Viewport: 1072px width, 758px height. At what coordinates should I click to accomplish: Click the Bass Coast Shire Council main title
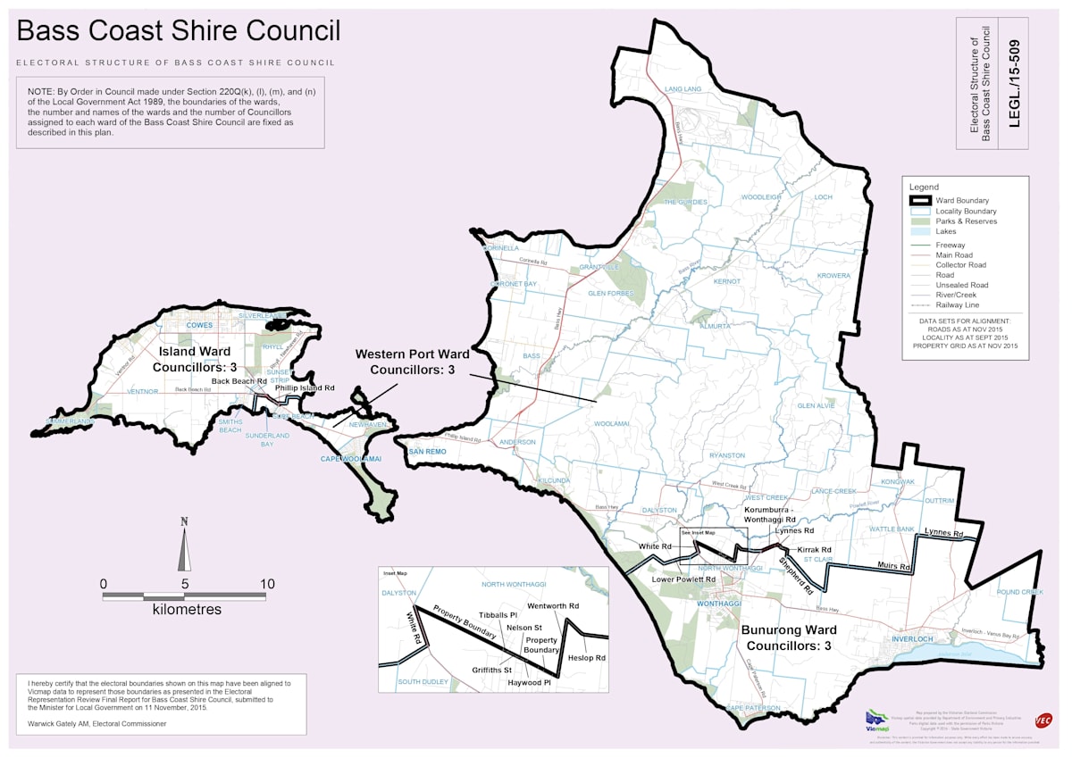179,31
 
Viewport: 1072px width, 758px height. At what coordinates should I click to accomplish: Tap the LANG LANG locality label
683,89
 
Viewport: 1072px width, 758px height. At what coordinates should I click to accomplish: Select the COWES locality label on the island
199,326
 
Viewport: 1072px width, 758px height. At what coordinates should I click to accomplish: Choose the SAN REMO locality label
427,452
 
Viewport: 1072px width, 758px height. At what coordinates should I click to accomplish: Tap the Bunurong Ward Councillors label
787,637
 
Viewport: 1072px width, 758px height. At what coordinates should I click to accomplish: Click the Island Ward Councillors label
195,359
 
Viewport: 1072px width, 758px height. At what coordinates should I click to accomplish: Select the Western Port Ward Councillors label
412,362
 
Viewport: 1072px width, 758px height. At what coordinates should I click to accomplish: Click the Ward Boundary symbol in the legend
921,201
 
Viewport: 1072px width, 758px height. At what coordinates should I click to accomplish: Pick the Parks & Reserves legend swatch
921,221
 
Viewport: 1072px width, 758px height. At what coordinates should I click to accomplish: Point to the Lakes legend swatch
921,232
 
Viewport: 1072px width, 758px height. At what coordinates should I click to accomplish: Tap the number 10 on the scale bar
266,584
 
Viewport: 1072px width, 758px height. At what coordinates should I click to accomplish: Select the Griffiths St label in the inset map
491,670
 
